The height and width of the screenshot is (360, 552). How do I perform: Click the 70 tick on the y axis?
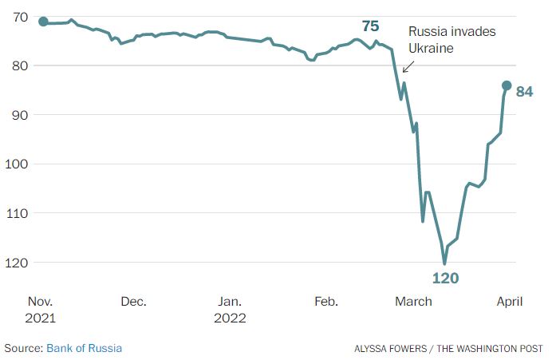click(20, 17)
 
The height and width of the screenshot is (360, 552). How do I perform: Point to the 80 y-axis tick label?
click(20, 65)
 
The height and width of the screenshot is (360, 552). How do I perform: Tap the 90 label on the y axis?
click(20, 115)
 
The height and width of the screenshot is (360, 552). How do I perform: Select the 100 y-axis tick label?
click(17, 164)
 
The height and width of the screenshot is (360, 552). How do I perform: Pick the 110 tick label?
click(17, 213)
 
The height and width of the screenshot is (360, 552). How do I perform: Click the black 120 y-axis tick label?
click(17, 262)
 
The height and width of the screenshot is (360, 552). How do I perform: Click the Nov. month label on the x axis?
click(41, 302)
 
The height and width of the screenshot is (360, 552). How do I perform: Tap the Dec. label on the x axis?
click(134, 302)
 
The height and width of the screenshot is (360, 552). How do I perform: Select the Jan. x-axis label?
click(230, 302)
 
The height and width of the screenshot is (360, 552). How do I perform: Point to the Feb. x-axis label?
click(326, 302)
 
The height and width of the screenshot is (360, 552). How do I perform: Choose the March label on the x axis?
click(414, 302)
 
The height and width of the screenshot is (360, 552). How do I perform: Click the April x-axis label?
click(510, 302)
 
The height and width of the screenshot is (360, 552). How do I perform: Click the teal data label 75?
click(369, 26)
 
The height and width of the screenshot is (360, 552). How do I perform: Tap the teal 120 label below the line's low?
click(445, 279)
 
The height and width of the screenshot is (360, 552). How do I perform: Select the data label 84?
click(524, 92)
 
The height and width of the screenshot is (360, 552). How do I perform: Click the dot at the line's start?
click(43, 22)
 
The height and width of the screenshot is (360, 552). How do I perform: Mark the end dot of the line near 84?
click(507, 85)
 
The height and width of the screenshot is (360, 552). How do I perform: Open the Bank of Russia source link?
click(84, 348)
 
